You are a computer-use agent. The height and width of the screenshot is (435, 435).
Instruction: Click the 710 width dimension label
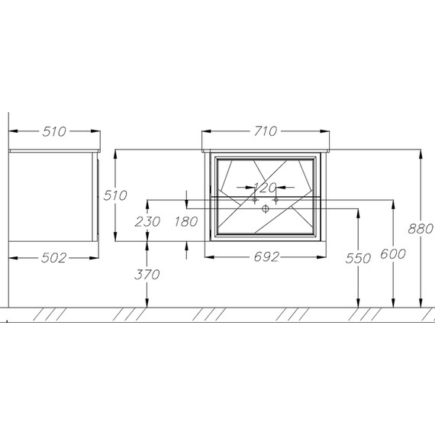pos(266,131)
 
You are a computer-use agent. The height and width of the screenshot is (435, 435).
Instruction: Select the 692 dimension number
pos(266,257)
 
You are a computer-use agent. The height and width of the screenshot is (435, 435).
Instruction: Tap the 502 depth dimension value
pos(54,258)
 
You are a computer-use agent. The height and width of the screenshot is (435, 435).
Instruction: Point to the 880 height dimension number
pos(420,229)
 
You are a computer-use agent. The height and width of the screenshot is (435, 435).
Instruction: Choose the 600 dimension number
pos(393,254)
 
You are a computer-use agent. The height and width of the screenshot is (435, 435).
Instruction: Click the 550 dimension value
pos(358,259)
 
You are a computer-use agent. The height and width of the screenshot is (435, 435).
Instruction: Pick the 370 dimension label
pos(147,275)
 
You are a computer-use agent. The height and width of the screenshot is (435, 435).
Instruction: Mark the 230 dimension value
pos(147,221)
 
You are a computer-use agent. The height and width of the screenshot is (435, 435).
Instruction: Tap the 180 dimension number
pos(186,221)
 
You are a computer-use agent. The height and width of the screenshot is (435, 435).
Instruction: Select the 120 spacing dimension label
pos(266,188)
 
